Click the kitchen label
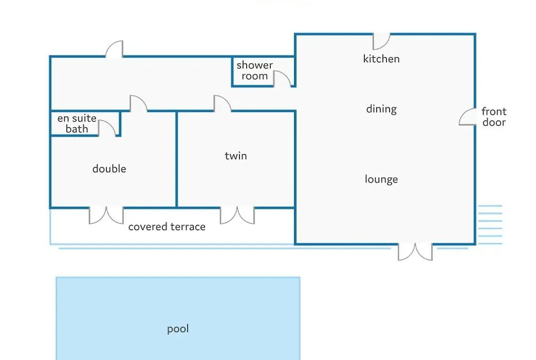pos(381,59)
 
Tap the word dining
pos(381,109)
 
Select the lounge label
pos(381,179)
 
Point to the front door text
pos(494,117)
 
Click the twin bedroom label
pos(236,156)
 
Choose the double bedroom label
pos(109,169)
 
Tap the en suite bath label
pos(77,123)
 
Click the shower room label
pos(255,70)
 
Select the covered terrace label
pos(167,226)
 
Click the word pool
pos(178,329)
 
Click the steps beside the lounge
pos(490,225)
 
